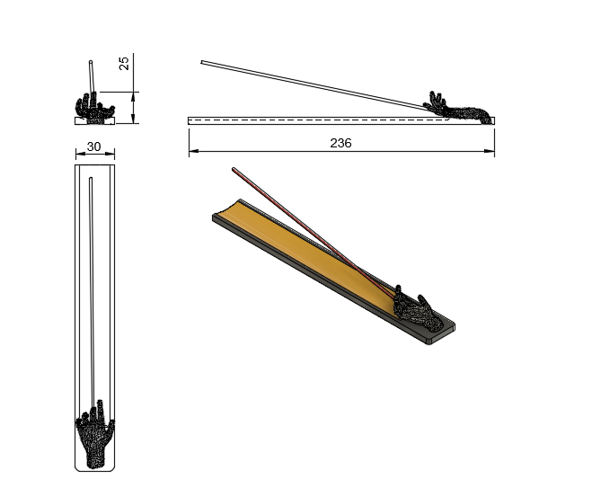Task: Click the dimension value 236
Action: click(340, 143)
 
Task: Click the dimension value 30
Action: click(94, 146)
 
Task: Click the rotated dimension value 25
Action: click(124, 63)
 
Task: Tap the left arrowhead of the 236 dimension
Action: click(194, 151)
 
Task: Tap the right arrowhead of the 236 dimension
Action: click(490, 151)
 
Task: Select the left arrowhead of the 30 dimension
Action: click(80, 154)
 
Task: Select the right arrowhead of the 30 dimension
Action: click(110, 154)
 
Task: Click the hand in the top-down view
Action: click(95, 434)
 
